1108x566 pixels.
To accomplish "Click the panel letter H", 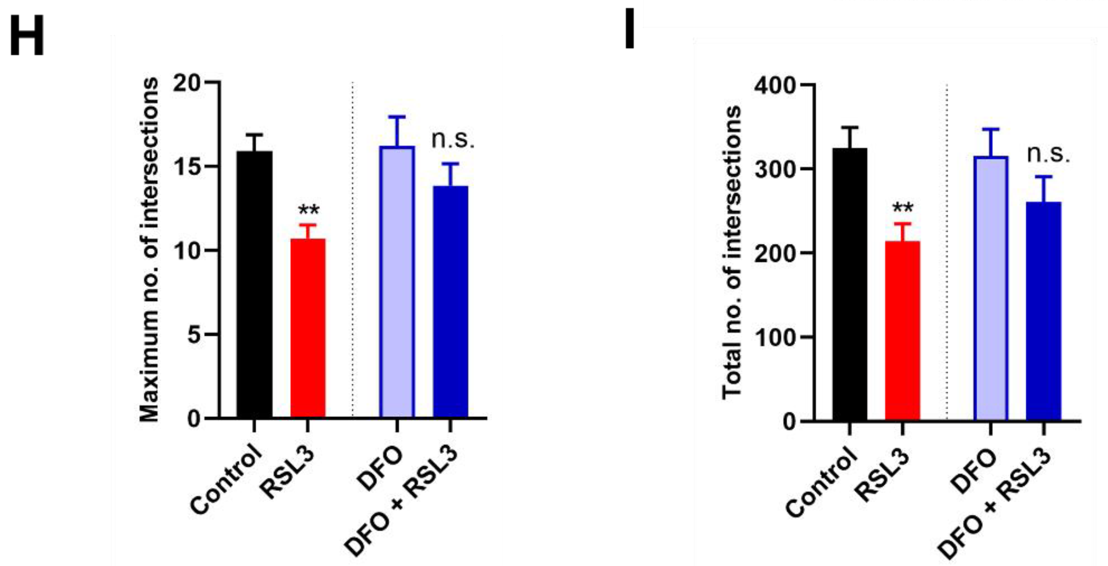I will coord(27,36).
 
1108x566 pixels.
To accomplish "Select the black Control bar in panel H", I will coord(254,284).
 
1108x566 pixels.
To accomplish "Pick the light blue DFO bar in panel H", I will coord(397,282).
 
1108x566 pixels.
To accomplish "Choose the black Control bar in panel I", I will coord(850,284).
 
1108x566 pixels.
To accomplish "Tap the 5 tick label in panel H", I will coord(194,335).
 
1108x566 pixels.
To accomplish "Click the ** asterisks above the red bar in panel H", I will coord(309,211).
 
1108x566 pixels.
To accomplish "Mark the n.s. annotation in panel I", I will coord(1048,154).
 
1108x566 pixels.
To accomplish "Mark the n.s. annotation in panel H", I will coord(453,140).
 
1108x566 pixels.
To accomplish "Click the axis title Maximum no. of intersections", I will coord(149,250).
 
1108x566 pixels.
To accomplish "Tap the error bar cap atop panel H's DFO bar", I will coord(397,117).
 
